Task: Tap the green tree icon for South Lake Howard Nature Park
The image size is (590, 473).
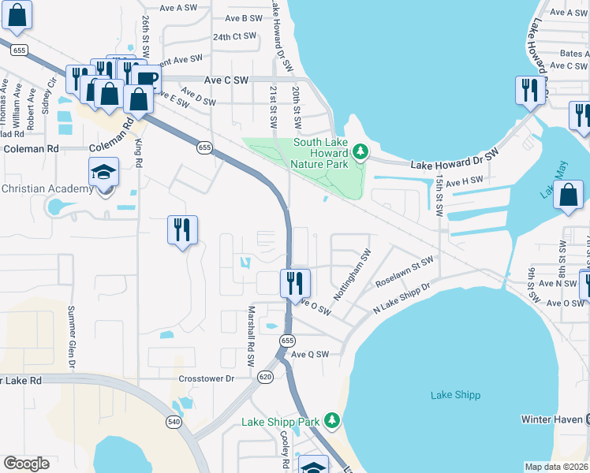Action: point(360,150)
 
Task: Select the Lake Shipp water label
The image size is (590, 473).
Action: point(456,395)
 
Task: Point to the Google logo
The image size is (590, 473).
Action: point(26,464)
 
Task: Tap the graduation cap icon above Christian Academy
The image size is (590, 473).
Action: point(102,172)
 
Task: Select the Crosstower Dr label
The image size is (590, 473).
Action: point(207,378)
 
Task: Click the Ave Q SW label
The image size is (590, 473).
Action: point(309,355)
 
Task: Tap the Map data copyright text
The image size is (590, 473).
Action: point(555,467)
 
